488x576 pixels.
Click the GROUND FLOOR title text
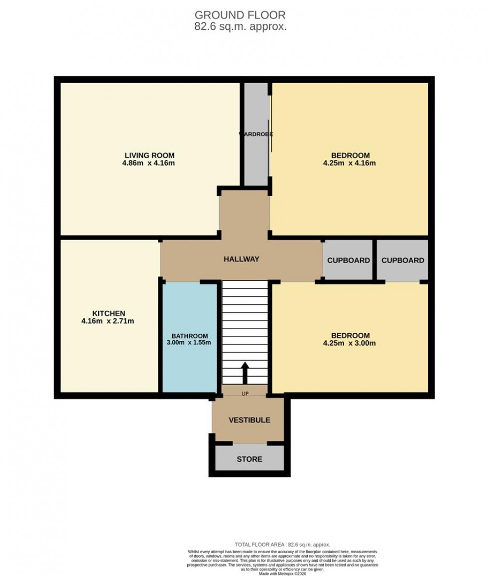coord(240,15)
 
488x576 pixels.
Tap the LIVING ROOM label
coord(149,155)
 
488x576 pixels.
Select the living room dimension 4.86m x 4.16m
coord(149,163)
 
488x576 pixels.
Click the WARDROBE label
coord(256,134)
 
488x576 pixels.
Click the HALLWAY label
coord(241,259)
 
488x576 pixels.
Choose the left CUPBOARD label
coord(349,260)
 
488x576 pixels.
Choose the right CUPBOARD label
coord(403,260)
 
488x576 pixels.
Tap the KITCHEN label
coord(109,313)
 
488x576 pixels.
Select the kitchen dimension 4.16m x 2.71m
coord(109,321)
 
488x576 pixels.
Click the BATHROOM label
coord(190,336)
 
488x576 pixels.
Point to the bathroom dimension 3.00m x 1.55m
coord(190,343)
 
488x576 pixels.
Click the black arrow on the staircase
coord(245,373)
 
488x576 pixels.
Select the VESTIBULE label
coord(249,420)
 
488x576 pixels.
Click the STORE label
coord(249,459)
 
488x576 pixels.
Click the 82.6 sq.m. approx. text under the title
coord(240,27)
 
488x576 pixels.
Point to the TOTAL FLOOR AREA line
coord(282,545)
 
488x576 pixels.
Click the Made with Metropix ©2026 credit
coord(282,573)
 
